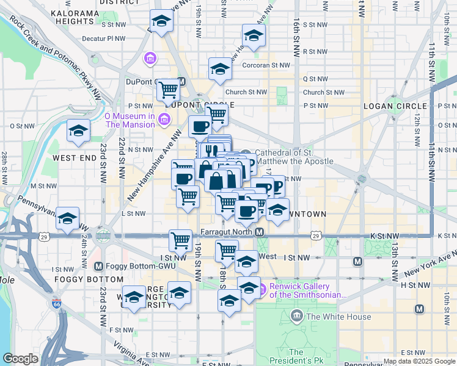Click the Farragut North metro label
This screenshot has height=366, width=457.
(227, 232)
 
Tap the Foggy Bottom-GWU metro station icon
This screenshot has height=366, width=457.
(99, 266)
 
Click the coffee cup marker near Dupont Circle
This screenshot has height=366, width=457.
(200, 126)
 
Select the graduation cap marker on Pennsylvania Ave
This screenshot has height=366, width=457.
(67, 218)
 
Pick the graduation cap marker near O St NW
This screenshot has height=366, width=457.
(78, 132)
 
